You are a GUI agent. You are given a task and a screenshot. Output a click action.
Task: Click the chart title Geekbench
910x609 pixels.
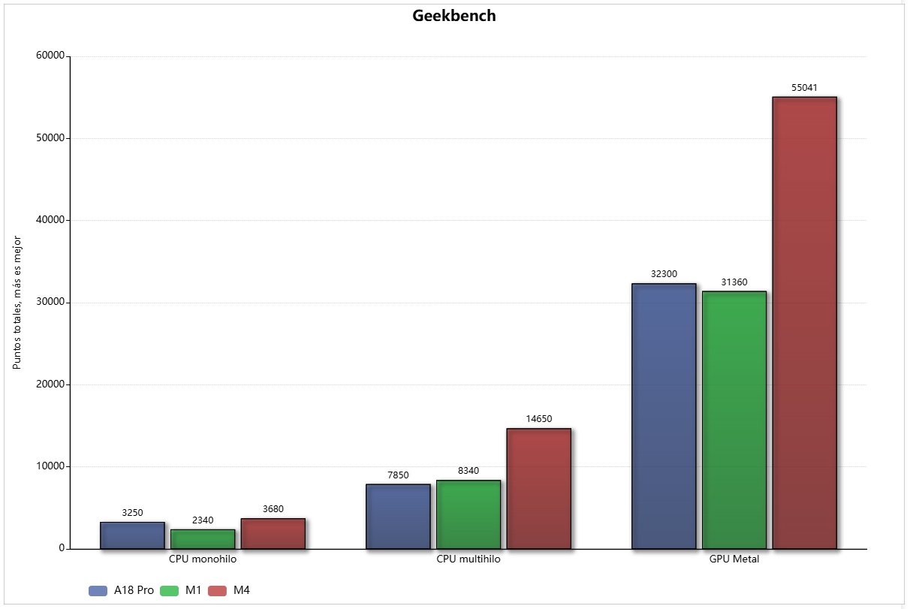click(x=454, y=16)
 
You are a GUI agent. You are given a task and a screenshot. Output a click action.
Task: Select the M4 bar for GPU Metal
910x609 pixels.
click(x=804, y=323)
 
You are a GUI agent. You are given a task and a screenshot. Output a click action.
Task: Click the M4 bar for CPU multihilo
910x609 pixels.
click(x=538, y=488)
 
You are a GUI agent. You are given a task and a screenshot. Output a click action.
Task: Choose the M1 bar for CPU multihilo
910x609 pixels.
click(x=468, y=514)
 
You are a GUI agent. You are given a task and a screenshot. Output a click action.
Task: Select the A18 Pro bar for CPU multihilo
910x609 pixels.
click(x=398, y=516)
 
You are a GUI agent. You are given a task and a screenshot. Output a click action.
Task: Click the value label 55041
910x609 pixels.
click(x=804, y=88)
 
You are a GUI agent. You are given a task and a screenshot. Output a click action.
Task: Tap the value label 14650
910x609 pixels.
click(x=538, y=419)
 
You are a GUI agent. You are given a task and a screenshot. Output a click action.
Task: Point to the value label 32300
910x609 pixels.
click(x=664, y=274)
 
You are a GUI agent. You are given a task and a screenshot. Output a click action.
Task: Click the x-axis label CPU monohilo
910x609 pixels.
click(x=203, y=559)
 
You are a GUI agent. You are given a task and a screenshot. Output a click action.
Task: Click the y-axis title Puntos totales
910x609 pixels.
click(x=17, y=303)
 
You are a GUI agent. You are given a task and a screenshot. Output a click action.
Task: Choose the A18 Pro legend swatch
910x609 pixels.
click(x=98, y=591)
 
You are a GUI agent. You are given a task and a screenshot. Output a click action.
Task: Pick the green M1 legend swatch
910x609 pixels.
click(x=170, y=591)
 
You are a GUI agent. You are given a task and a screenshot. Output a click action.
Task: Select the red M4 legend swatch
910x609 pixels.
click(x=218, y=591)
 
